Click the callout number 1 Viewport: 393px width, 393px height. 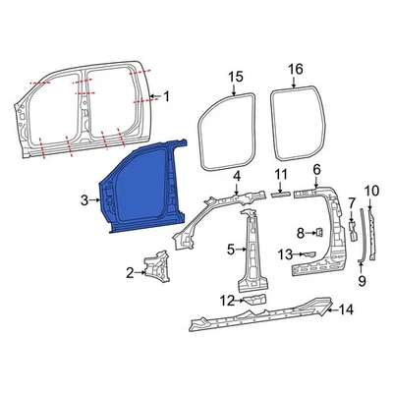166,96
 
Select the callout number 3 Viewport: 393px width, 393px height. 84,200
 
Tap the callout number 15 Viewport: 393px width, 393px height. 234,76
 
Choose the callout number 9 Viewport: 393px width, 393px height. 361,280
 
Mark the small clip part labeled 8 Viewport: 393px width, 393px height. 319,231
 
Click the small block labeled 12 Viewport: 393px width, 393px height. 254,299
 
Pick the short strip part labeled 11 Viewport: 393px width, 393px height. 281,195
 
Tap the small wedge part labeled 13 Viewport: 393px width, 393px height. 309,254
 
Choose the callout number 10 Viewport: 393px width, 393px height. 370,190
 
